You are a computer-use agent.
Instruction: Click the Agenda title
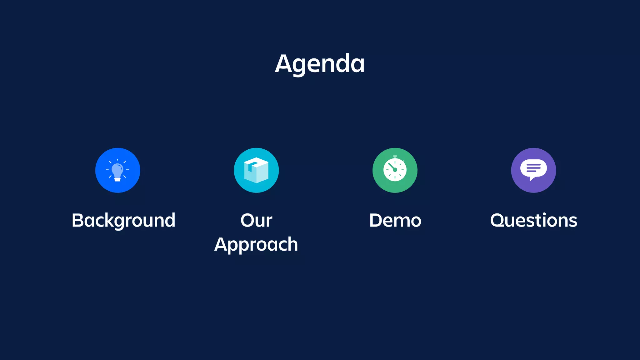point(320,63)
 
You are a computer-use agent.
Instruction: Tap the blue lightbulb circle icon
point(118,170)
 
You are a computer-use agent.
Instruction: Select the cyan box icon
point(256,170)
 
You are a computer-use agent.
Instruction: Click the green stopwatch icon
point(395,170)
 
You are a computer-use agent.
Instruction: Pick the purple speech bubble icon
point(533,170)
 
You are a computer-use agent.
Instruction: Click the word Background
point(123,221)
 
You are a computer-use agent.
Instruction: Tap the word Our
point(256,221)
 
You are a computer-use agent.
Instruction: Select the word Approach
point(256,244)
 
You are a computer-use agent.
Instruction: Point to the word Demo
point(395,221)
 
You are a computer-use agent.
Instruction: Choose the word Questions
point(533,221)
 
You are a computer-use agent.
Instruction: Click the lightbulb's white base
point(117,179)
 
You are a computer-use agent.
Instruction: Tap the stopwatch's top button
point(395,156)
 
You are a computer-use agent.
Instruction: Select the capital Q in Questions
point(498,221)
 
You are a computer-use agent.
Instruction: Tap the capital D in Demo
point(377,221)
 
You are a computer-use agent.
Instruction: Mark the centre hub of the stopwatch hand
point(395,170)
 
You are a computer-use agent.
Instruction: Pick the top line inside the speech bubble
point(533,165)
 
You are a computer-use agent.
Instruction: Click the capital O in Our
point(248,221)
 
